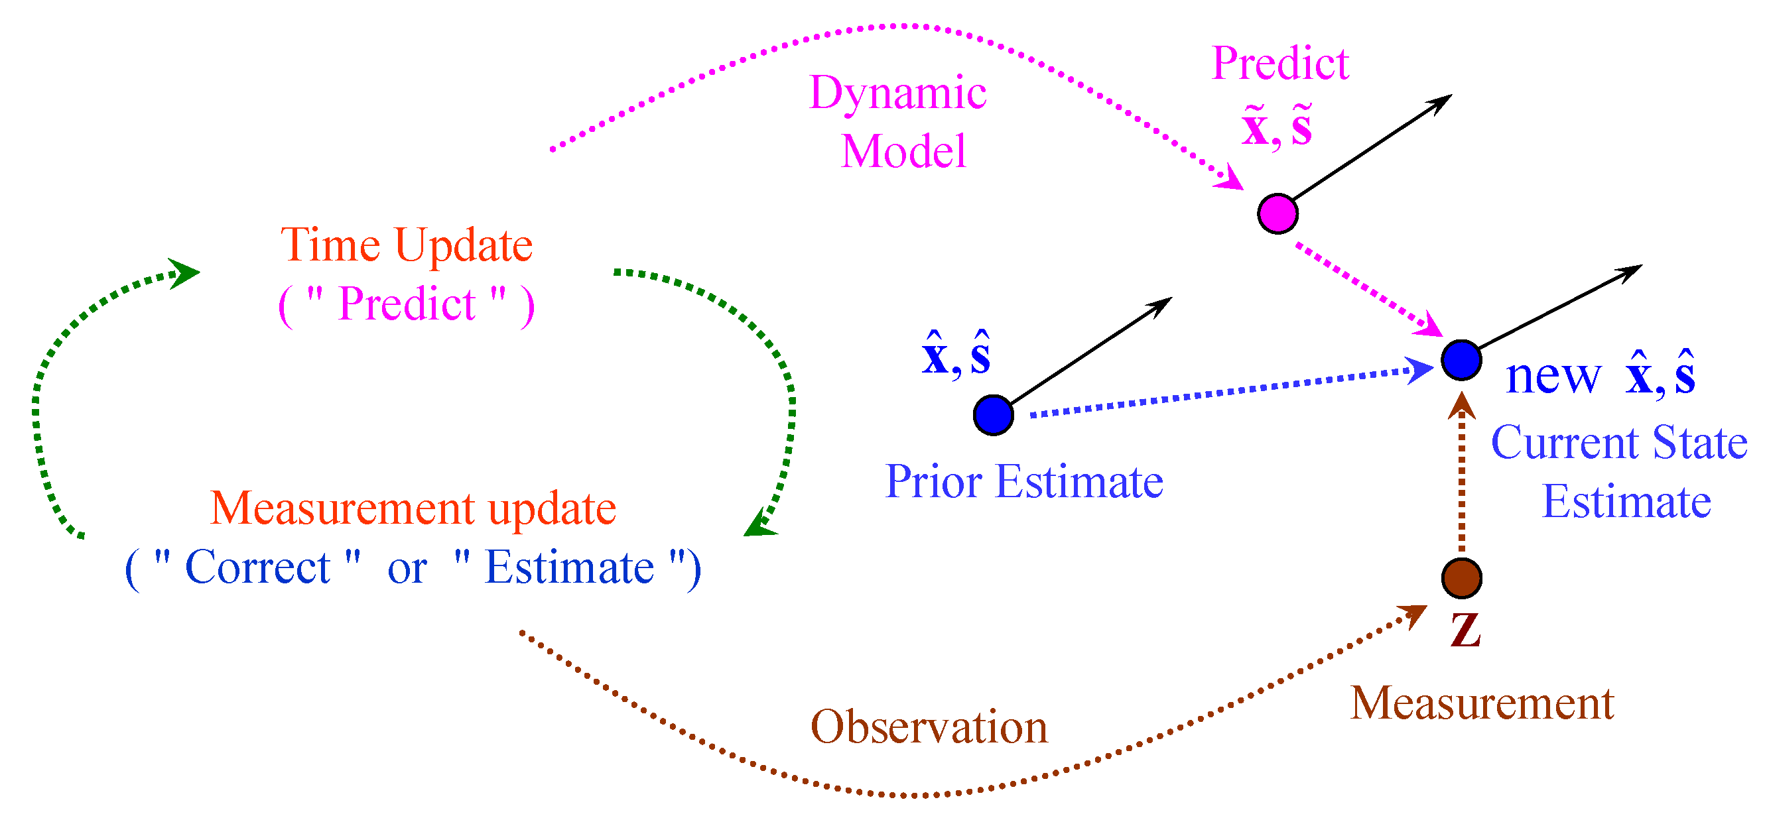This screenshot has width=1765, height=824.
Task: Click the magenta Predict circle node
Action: tap(1277, 213)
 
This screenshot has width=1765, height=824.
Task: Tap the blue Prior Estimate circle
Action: tap(993, 415)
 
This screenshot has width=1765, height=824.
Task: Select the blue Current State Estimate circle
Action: tap(1461, 360)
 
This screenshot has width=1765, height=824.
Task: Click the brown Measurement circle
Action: tap(1461, 578)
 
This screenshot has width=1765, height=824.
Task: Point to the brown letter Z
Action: tap(1465, 630)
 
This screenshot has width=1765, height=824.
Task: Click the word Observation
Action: tap(929, 727)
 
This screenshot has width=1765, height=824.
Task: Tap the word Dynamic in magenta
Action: tap(897, 93)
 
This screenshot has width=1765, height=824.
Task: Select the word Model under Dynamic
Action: tap(903, 151)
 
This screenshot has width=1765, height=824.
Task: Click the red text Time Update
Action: tap(407, 245)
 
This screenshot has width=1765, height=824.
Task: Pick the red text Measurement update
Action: tap(413, 508)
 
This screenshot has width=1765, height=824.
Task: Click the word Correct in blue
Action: tap(257, 568)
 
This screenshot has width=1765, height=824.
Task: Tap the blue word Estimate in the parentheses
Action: tap(568, 568)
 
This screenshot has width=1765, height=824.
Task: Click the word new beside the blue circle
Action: tap(1553, 376)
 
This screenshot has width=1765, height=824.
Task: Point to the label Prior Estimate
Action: tap(1023, 481)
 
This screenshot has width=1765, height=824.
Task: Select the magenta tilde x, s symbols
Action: tap(1276, 126)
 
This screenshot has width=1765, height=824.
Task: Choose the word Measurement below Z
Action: tap(1481, 703)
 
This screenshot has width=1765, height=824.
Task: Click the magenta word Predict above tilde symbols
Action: tap(1280, 64)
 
